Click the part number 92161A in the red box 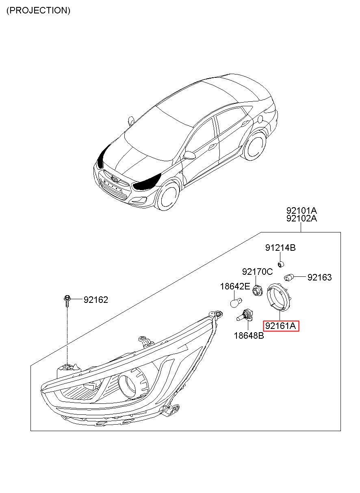click(281, 326)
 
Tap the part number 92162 click(96, 300)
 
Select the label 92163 click(319, 278)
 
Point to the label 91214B click(280, 248)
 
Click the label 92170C click(257, 272)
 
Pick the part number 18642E click(235, 287)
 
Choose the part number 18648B click(249, 336)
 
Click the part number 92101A click(301, 211)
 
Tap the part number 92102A click(301, 219)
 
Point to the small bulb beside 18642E click(234, 302)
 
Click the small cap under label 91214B click(280, 265)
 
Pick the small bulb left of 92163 click(289, 278)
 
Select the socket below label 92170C click(256, 290)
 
